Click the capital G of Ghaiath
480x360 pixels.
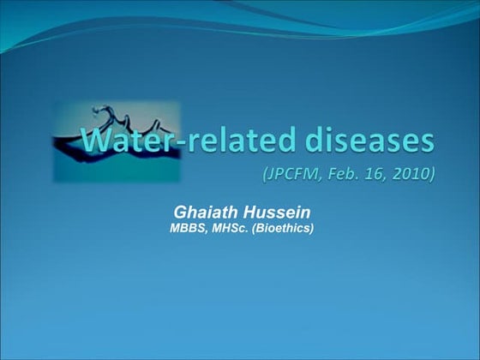[179, 212]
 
